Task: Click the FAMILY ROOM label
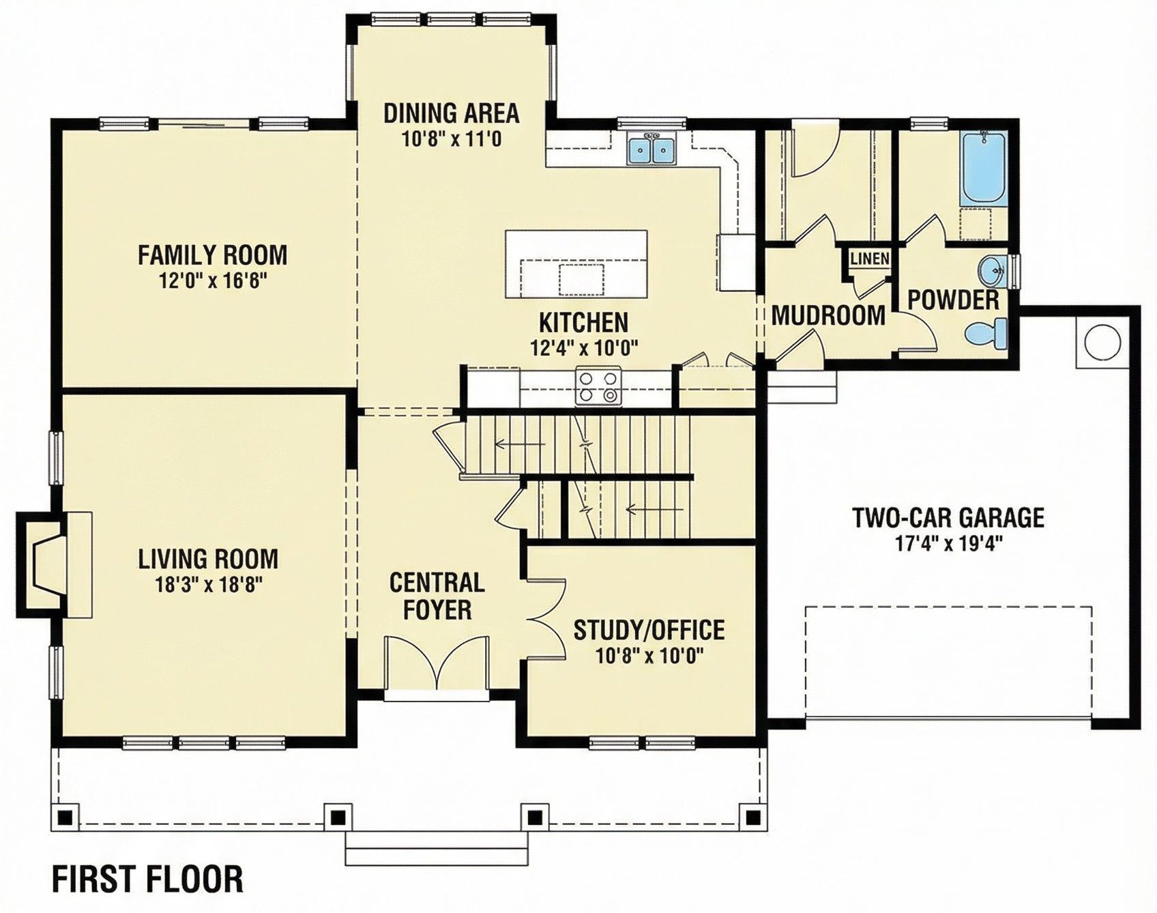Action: pyautogui.click(x=212, y=255)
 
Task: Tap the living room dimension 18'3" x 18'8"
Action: pyautogui.click(x=208, y=584)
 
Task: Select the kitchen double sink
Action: pyautogui.click(x=652, y=149)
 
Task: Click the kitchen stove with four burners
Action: pyautogui.click(x=598, y=386)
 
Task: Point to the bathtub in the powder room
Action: pyautogui.click(x=983, y=168)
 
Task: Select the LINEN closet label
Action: pyautogui.click(x=870, y=259)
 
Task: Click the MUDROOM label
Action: pyautogui.click(x=828, y=315)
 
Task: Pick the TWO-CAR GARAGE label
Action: pyautogui.click(x=948, y=517)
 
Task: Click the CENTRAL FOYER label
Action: pyautogui.click(x=437, y=596)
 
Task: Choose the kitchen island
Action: pyautogui.click(x=576, y=263)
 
